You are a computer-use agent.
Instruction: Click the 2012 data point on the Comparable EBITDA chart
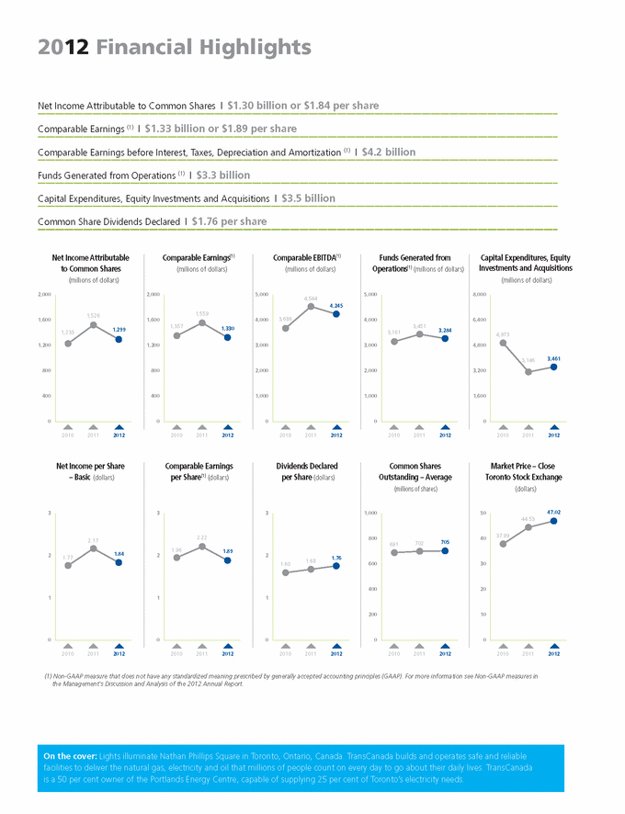[x=337, y=314]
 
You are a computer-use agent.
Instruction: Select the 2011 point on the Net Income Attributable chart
[x=94, y=324]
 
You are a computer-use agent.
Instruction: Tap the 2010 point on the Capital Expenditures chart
[x=503, y=343]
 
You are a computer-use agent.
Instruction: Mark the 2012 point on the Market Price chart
[x=554, y=520]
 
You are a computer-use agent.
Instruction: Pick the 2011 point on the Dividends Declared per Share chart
[x=312, y=570]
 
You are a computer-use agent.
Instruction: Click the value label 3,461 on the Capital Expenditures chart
[x=553, y=357]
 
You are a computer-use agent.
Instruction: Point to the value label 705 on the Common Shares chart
[x=445, y=542]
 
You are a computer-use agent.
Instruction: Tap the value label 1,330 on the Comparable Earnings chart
[x=228, y=328]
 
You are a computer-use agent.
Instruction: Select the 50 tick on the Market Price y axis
[x=483, y=513]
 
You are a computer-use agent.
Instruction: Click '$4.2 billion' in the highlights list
[x=389, y=152]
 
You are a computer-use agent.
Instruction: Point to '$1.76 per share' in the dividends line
[x=230, y=221]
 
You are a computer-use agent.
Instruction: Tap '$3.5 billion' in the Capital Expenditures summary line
[x=308, y=198]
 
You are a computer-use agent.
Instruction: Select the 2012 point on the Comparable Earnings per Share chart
[x=228, y=560]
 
